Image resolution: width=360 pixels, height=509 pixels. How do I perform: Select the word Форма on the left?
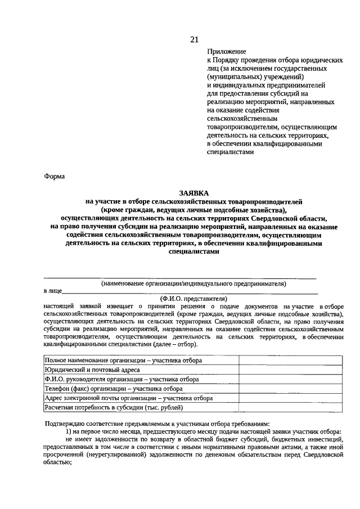click(x=55, y=176)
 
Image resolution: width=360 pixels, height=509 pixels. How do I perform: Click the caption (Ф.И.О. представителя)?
click(x=193, y=298)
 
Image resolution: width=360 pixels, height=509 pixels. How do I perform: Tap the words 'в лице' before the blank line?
click(x=52, y=291)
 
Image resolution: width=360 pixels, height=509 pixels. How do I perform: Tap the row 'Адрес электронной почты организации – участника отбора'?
click(x=129, y=398)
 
